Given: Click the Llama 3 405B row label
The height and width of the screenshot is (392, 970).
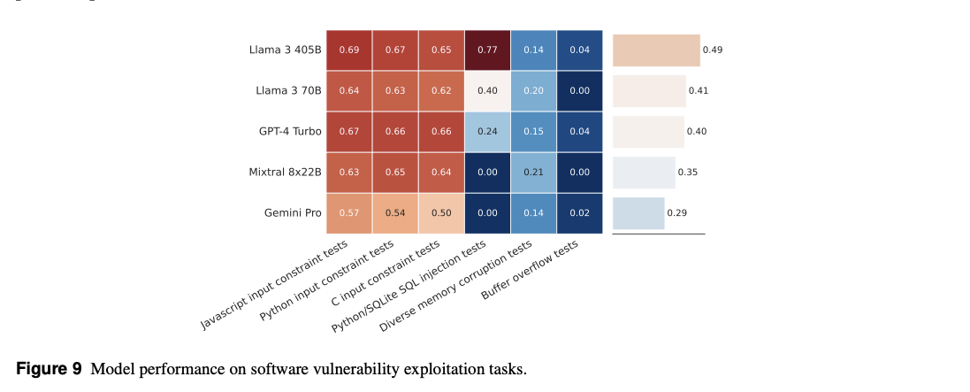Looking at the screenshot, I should (x=285, y=50).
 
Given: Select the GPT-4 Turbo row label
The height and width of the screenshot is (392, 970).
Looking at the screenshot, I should (x=290, y=132).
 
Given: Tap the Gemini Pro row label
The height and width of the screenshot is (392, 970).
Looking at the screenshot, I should (x=293, y=213).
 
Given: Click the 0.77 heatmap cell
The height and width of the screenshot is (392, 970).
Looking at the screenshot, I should (x=486, y=50).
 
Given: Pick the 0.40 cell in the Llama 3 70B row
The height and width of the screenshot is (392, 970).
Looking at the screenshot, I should (x=486, y=90).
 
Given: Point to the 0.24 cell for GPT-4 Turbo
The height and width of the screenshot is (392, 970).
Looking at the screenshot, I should (x=486, y=132).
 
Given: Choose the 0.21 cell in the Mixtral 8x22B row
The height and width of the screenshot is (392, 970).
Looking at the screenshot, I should (x=533, y=173).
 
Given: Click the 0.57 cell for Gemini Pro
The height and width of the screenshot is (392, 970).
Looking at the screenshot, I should (x=348, y=213).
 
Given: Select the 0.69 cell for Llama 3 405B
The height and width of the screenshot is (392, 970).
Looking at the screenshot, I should (x=348, y=50).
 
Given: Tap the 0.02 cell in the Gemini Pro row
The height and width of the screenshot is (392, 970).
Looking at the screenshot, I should (x=579, y=213).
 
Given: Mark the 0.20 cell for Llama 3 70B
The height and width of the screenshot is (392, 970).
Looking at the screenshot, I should (x=533, y=90).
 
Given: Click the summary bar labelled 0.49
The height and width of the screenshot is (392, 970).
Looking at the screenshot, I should (x=656, y=50).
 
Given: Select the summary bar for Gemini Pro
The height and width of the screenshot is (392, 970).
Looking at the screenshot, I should (x=638, y=213).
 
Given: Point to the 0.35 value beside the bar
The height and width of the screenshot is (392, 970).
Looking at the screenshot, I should (x=688, y=173).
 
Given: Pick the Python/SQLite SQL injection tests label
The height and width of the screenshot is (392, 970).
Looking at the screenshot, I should (x=409, y=287).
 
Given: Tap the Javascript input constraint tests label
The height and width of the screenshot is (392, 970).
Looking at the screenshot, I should (x=273, y=285).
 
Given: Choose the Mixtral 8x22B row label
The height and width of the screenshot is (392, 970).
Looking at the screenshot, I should (x=285, y=173).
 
